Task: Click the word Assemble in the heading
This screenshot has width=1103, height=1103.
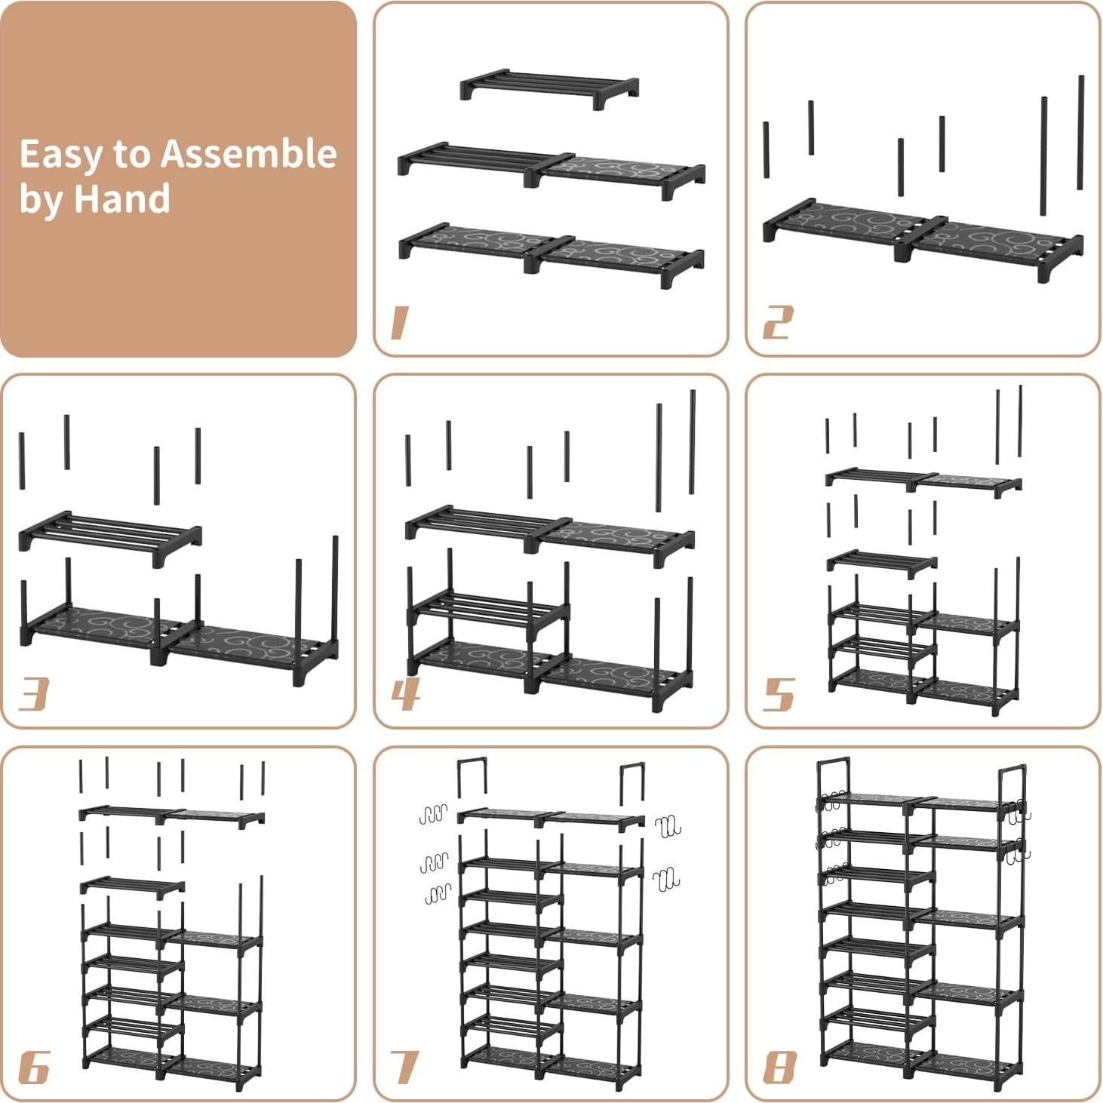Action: (x=248, y=154)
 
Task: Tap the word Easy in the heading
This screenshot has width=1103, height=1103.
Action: (x=60, y=154)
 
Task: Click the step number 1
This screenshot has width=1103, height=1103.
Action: (x=399, y=323)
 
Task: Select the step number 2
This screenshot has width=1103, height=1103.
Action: (x=777, y=323)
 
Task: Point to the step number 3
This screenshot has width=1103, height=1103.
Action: (x=33, y=694)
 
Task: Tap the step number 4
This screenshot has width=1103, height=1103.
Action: (x=405, y=694)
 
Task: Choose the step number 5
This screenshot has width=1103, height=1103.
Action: (x=779, y=694)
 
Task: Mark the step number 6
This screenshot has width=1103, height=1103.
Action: (x=33, y=1068)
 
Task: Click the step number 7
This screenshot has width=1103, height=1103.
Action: (x=405, y=1068)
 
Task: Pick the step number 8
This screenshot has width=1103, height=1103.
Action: (x=779, y=1068)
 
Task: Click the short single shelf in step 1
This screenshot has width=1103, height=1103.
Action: (x=550, y=89)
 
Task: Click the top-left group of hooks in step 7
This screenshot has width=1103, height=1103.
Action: (x=433, y=814)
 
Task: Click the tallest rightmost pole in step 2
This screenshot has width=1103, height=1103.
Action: (x=1080, y=132)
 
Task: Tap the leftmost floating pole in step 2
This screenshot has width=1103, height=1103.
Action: (x=766, y=150)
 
